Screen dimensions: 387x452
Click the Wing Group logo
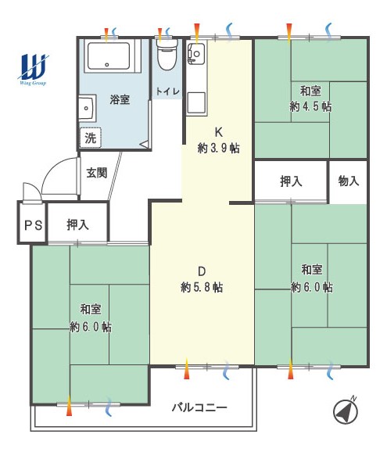pyautogui.click(x=33, y=69)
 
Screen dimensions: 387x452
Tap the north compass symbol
pyautogui.click(x=346, y=411)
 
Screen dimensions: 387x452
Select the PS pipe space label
pyautogui.click(x=34, y=225)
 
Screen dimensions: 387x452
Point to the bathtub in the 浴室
pyautogui.click(x=109, y=56)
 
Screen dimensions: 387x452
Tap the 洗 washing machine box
pyautogui.click(x=91, y=138)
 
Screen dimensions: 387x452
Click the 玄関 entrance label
pyautogui.click(x=97, y=173)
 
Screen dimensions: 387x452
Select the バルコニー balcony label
pyautogui.click(x=199, y=407)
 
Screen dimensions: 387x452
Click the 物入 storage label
pyautogui.click(x=348, y=181)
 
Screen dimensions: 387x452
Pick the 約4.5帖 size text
pyautogui.click(x=310, y=106)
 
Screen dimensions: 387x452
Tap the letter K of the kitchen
pyautogui.click(x=219, y=132)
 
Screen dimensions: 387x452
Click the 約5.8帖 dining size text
pyautogui.click(x=202, y=288)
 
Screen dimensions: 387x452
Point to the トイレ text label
pyautogui.click(x=168, y=91)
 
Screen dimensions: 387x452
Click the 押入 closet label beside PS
pyautogui.click(x=77, y=224)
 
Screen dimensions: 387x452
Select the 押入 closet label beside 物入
pyautogui.click(x=291, y=181)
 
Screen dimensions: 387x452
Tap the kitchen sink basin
pyautogui.click(x=196, y=103)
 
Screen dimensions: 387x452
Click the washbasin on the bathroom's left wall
pyautogui.click(x=87, y=108)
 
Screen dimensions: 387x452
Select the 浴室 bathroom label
pyautogui.click(x=120, y=99)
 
